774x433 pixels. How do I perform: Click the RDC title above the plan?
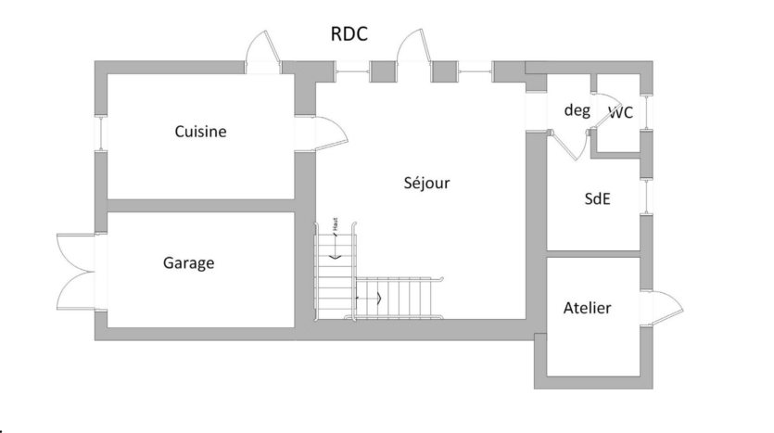click(x=349, y=34)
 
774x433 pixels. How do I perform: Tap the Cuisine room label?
click(x=200, y=132)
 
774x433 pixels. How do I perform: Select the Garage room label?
click(x=188, y=263)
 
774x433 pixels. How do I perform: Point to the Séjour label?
click(x=426, y=183)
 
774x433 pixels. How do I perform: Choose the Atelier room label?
click(x=588, y=308)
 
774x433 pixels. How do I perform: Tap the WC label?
click(x=620, y=113)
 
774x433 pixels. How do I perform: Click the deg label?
click(x=577, y=109)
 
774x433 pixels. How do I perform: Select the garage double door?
click(x=74, y=270)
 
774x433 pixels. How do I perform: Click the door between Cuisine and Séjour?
click(x=324, y=134)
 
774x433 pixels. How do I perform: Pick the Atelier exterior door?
click(x=665, y=306)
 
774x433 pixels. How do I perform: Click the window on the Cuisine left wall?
click(x=100, y=131)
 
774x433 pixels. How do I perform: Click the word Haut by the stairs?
click(x=332, y=225)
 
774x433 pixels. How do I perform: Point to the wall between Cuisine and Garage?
click(x=199, y=205)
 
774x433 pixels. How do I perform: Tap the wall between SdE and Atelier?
click(x=593, y=253)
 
